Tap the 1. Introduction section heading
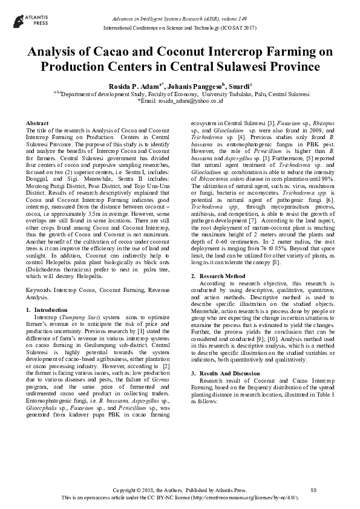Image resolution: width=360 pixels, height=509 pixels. (47, 310)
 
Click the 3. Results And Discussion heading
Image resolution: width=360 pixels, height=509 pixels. (226, 357)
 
